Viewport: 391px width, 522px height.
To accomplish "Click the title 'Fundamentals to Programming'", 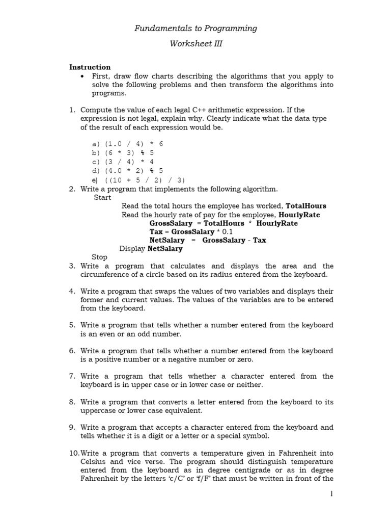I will coord(195,29).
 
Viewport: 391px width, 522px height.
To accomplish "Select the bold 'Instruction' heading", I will coord(90,67).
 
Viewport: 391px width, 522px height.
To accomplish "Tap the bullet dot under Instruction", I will coord(82,76).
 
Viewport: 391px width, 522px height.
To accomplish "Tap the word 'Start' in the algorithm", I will coord(102,198).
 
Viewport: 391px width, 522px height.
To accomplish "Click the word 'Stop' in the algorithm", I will coord(99,257).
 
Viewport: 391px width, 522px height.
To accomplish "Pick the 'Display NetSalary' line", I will coord(151,249).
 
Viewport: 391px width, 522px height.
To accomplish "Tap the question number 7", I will coord(72,376).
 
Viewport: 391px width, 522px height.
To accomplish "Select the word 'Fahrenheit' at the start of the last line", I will coord(98,479).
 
